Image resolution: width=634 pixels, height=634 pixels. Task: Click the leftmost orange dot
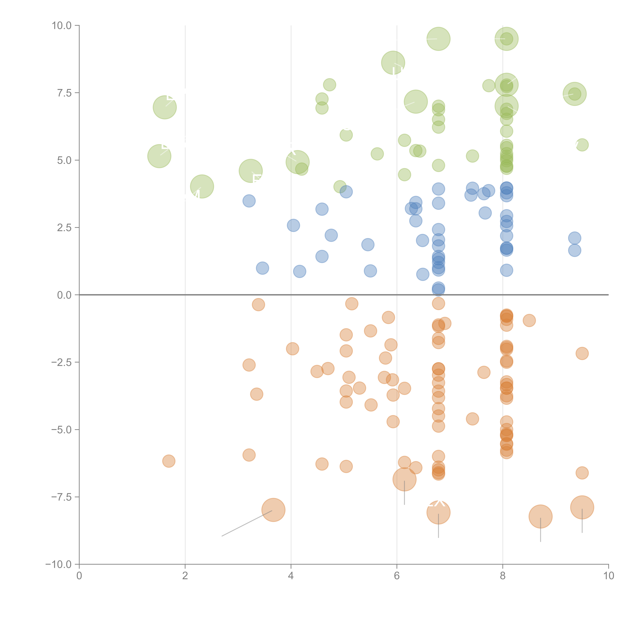tap(169, 461)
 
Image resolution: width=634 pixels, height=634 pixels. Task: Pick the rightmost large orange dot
tap(582, 507)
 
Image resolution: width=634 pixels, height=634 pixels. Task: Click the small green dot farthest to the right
tap(582, 145)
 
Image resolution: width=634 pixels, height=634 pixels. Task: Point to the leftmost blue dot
tap(249, 201)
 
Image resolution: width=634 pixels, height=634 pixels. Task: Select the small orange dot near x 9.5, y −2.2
tap(582, 353)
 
